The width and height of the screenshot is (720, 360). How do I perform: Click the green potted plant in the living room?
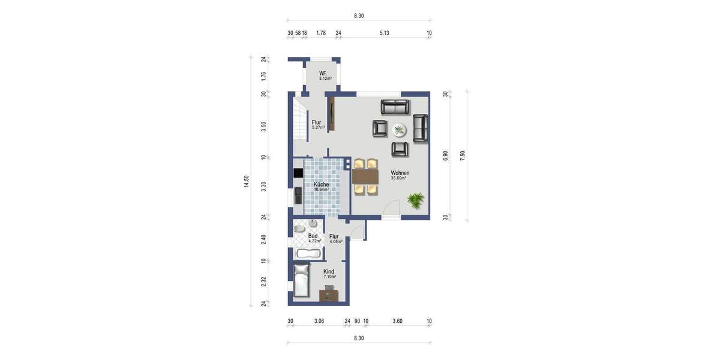coord(415,199)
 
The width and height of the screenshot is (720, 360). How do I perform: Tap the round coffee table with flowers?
coord(399,130)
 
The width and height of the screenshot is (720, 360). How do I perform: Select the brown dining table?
coord(366,176)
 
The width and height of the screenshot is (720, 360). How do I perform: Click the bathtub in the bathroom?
coord(308,253)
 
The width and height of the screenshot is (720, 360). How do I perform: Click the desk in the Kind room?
coord(328,293)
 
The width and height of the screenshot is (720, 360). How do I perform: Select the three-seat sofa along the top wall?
coord(395,107)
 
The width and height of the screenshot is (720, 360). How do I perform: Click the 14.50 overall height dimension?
coord(246,182)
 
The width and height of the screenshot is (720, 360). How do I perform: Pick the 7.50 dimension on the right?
coord(463,155)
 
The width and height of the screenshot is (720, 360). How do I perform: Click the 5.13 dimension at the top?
coord(384,33)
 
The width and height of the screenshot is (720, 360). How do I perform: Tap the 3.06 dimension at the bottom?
coord(319,322)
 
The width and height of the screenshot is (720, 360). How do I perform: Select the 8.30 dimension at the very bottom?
coord(358,338)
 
